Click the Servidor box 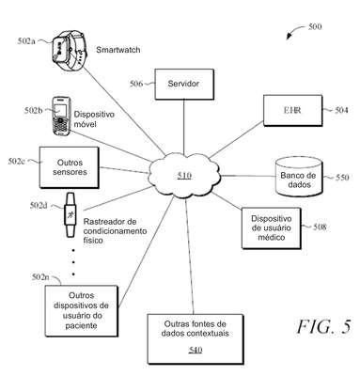pyautogui.click(x=184, y=85)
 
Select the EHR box pyautogui.click(x=292, y=111)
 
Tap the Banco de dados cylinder pyautogui.click(x=299, y=178)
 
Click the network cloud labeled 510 pyautogui.click(x=185, y=175)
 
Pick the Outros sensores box pyautogui.click(x=70, y=168)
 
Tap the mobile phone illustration pyautogui.click(x=61, y=117)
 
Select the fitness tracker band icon pyautogui.click(x=70, y=215)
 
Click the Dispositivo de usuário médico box pyautogui.click(x=272, y=228)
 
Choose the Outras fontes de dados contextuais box pyautogui.click(x=196, y=339)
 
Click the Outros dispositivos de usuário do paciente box pyautogui.click(x=82, y=311)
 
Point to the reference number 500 pyautogui.click(x=315, y=27)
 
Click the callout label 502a pyautogui.click(x=26, y=41)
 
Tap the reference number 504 pyautogui.click(x=341, y=110)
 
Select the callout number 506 pyautogui.click(x=136, y=84)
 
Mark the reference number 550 pyautogui.click(x=342, y=178)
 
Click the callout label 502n pyautogui.click(x=40, y=277)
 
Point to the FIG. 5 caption pyautogui.click(x=323, y=326)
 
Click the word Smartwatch pyautogui.click(x=118, y=50)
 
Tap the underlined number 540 pyautogui.click(x=196, y=350)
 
